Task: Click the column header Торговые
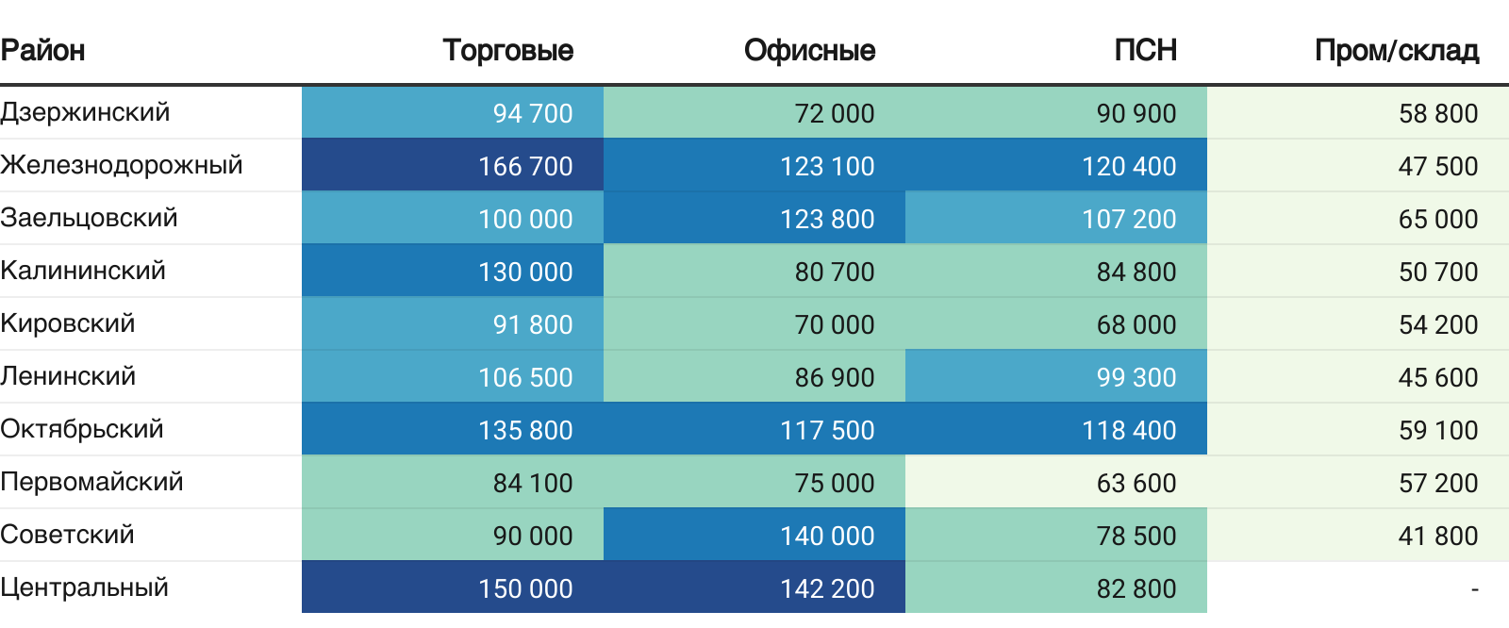pyautogui.click(x=507, y=50)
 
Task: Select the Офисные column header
pyautogui.click(x=809, y=50)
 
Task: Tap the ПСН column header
pyautogui.click(x=1145, y=50)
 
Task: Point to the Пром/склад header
pyautogui.click(x=1396, y=50)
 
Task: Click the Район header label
pyautogui.click(x=43, y=50)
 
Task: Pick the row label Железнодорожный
pyautogui.click(x=122, y=165)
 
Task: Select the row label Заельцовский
pyautogui.click(x=89, y=218)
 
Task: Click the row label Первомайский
pyautogui.click(x=91, y=482)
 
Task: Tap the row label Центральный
pyautogui.click(x=85, y=587)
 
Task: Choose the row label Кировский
pyautogui.click(x=68, y=323)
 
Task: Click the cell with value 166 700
pyautogui.click(x=525, y=166)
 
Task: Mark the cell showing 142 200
pyautogui.click(x=827, y=588)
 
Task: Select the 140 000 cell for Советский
pyautogui.click(x=827, y=536)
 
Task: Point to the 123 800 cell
pyautogui.click(x=827, y=219)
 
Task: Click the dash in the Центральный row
pyautogui.click(x=1474, y=589)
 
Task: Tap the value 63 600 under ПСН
pyautogui.click(x=1136, y=483)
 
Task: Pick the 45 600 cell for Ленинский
pyautogui.click(x=1437, y=377)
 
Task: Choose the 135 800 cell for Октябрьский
pyautogui.click(x=525, y=430)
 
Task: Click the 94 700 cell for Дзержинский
pyautogui.click(x=532, y=113)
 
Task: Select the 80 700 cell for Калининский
pyautogui.click(x=834, y=272)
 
